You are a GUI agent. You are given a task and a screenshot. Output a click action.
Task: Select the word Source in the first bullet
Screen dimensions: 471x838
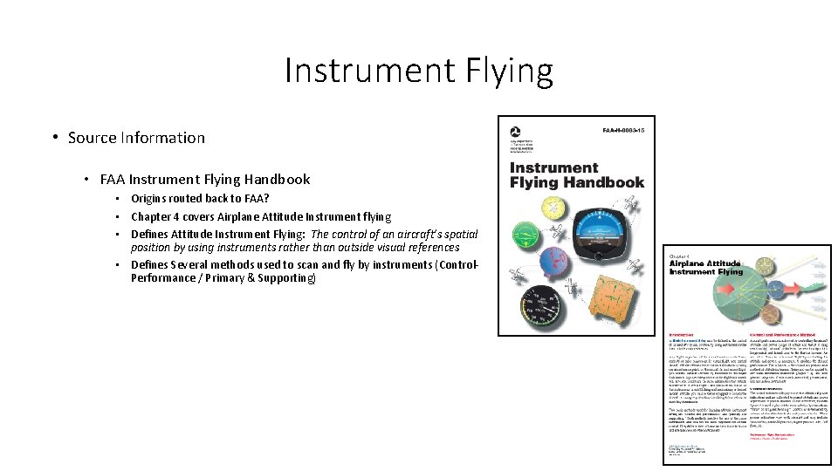(x=93, y=138)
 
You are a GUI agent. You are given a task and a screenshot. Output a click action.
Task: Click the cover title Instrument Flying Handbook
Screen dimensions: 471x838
(x=576, y=174)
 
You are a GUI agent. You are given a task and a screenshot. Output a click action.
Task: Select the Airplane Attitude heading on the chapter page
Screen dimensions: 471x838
(x=704, y=267)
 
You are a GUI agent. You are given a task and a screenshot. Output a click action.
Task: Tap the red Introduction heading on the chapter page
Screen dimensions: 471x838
(x=682, y=334)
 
